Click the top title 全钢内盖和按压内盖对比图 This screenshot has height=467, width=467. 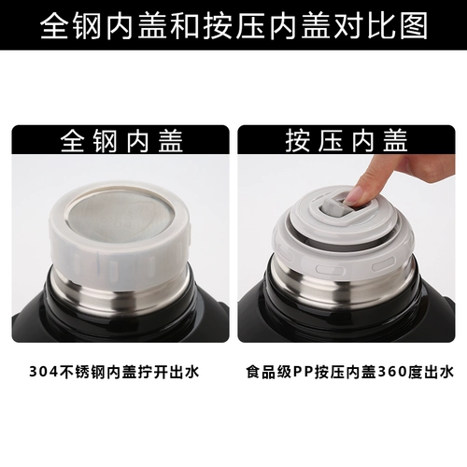click(233, 25)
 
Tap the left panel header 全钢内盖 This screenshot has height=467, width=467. click(121, 141)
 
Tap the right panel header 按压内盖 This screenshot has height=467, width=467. click(347, 141)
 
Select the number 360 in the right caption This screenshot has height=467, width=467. click(392, 372)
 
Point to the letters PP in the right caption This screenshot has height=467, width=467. click(304, 372)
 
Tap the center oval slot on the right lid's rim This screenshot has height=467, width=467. click(331, 268)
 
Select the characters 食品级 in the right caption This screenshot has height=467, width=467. click(269, 372)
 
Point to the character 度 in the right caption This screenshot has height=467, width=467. click(415, 372)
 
